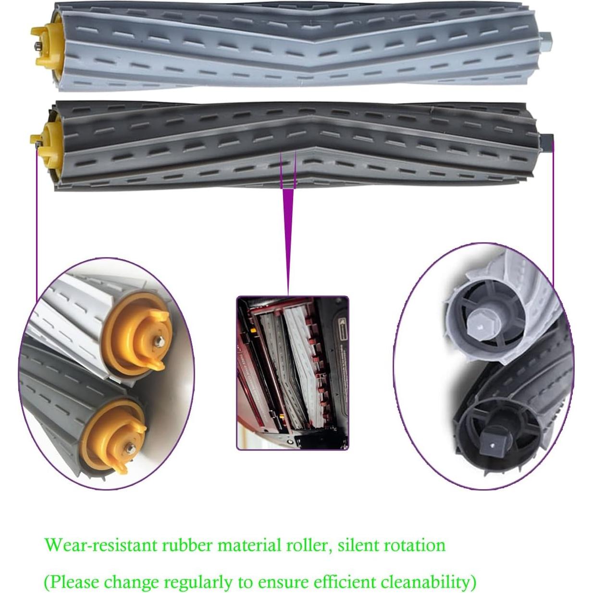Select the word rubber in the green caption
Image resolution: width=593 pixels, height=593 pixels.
click(x=187, y=545)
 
